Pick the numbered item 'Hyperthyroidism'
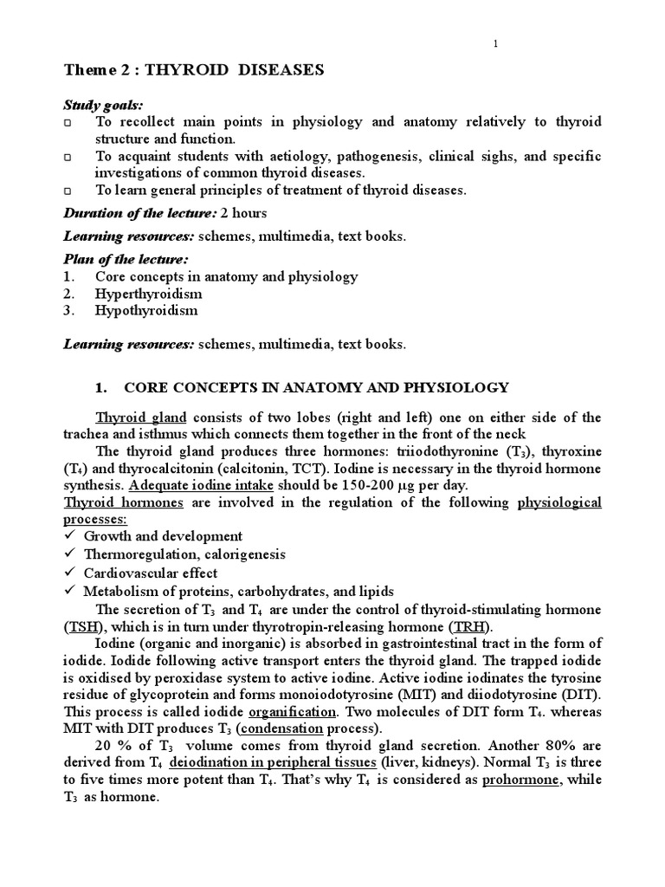coord(142,294)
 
